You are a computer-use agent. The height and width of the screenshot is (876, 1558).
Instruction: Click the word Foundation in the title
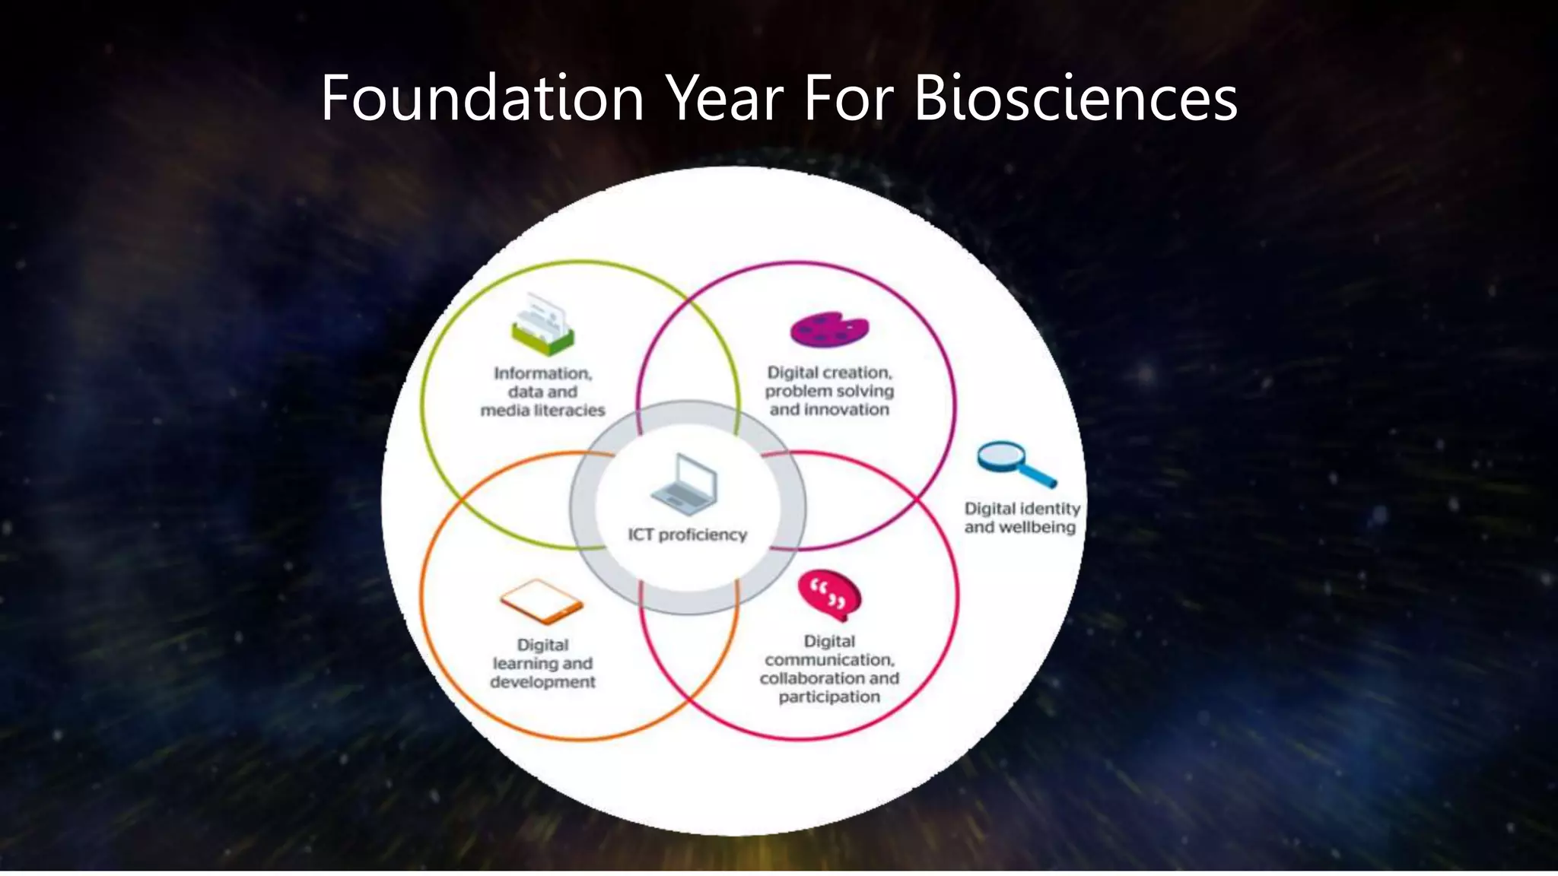(x=482, y=98)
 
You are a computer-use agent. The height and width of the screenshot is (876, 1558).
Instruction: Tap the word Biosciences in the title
(x=1075, y=98)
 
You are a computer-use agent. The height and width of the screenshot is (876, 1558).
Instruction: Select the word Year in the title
(x=724, y=98)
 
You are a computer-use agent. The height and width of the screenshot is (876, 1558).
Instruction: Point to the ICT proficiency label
(x=687, y=535)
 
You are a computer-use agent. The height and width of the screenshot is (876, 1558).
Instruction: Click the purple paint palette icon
(x=829, y=329)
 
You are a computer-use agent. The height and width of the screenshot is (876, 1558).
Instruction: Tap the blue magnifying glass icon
(x=1014, y=463)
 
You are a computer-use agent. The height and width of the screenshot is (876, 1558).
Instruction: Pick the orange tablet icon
(x=542, y=601)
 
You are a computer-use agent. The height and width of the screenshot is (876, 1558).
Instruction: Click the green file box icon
(x=542, y=325)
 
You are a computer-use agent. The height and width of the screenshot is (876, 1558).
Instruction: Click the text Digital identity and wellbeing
(x=1021, y=518)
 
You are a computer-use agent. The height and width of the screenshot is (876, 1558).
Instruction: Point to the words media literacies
(x=542, y=411)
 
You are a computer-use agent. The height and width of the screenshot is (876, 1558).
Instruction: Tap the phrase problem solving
(x=829, y=391)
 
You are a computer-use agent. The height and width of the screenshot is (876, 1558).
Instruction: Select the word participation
(x=829, y=697)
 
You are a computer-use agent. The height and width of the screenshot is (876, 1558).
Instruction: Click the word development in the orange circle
(x=542, y=682)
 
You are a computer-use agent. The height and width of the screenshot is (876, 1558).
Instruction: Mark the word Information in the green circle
(x=542, y=373)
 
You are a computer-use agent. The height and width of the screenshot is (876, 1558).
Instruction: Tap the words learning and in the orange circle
(x=542, y=664)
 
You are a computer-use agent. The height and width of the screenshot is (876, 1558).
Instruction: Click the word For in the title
(x=847, y=98)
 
